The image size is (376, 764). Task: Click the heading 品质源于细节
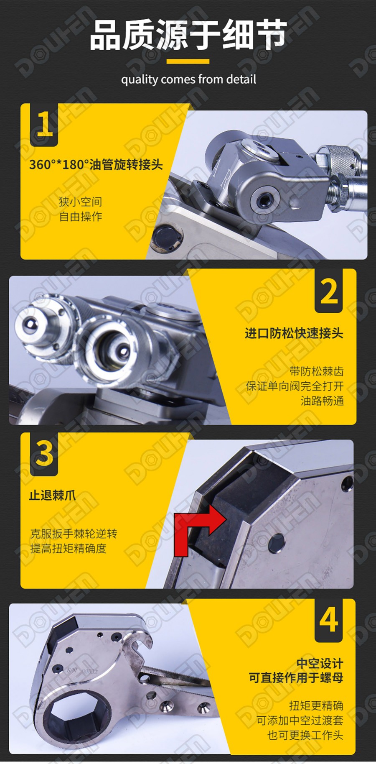coord(188,35)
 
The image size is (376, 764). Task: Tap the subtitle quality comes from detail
coord(188,79)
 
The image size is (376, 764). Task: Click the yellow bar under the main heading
coord(188,61)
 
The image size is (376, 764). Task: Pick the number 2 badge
coord(329,291)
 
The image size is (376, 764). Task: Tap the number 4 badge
coord(329,620)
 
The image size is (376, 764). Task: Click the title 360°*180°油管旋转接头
coord(96,164)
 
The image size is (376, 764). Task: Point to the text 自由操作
coord(81,217)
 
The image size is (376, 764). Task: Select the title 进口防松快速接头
coord(294,333)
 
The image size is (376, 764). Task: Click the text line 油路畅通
coord(322,401)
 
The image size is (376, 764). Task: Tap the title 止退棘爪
coord(52,496)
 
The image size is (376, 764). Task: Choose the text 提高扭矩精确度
coord(68,549)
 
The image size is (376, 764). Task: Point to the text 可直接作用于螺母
coord(296,678)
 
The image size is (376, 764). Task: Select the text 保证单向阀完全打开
coord(295,386)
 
